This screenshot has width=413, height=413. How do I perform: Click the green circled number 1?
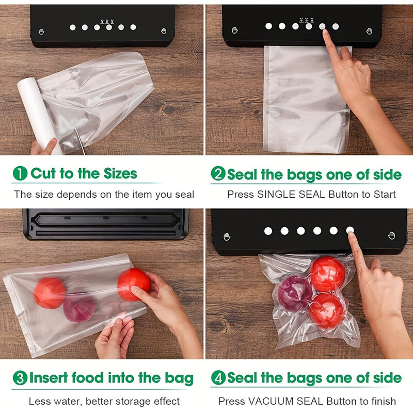click(x=20, y=173)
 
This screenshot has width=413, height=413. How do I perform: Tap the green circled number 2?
click(x=218, y=174)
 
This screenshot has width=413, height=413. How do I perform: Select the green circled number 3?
click(x=20, y=378)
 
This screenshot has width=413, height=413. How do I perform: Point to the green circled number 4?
click(x=218, y=378)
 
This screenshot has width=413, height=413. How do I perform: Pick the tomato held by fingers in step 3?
click(x=133, y=284)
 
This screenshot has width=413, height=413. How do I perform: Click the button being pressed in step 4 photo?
click(x=350, y=231)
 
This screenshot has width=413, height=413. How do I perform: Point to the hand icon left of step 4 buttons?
click(x=226, y=236)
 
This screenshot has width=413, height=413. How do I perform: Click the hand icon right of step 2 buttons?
click(x=369, y=31)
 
